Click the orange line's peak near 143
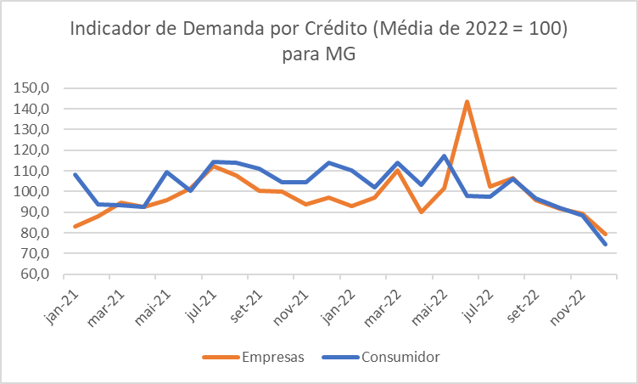pos(467,102)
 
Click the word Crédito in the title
pos(331,31)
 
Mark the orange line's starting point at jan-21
pos(76,227)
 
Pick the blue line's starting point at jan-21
pos(76,174)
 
